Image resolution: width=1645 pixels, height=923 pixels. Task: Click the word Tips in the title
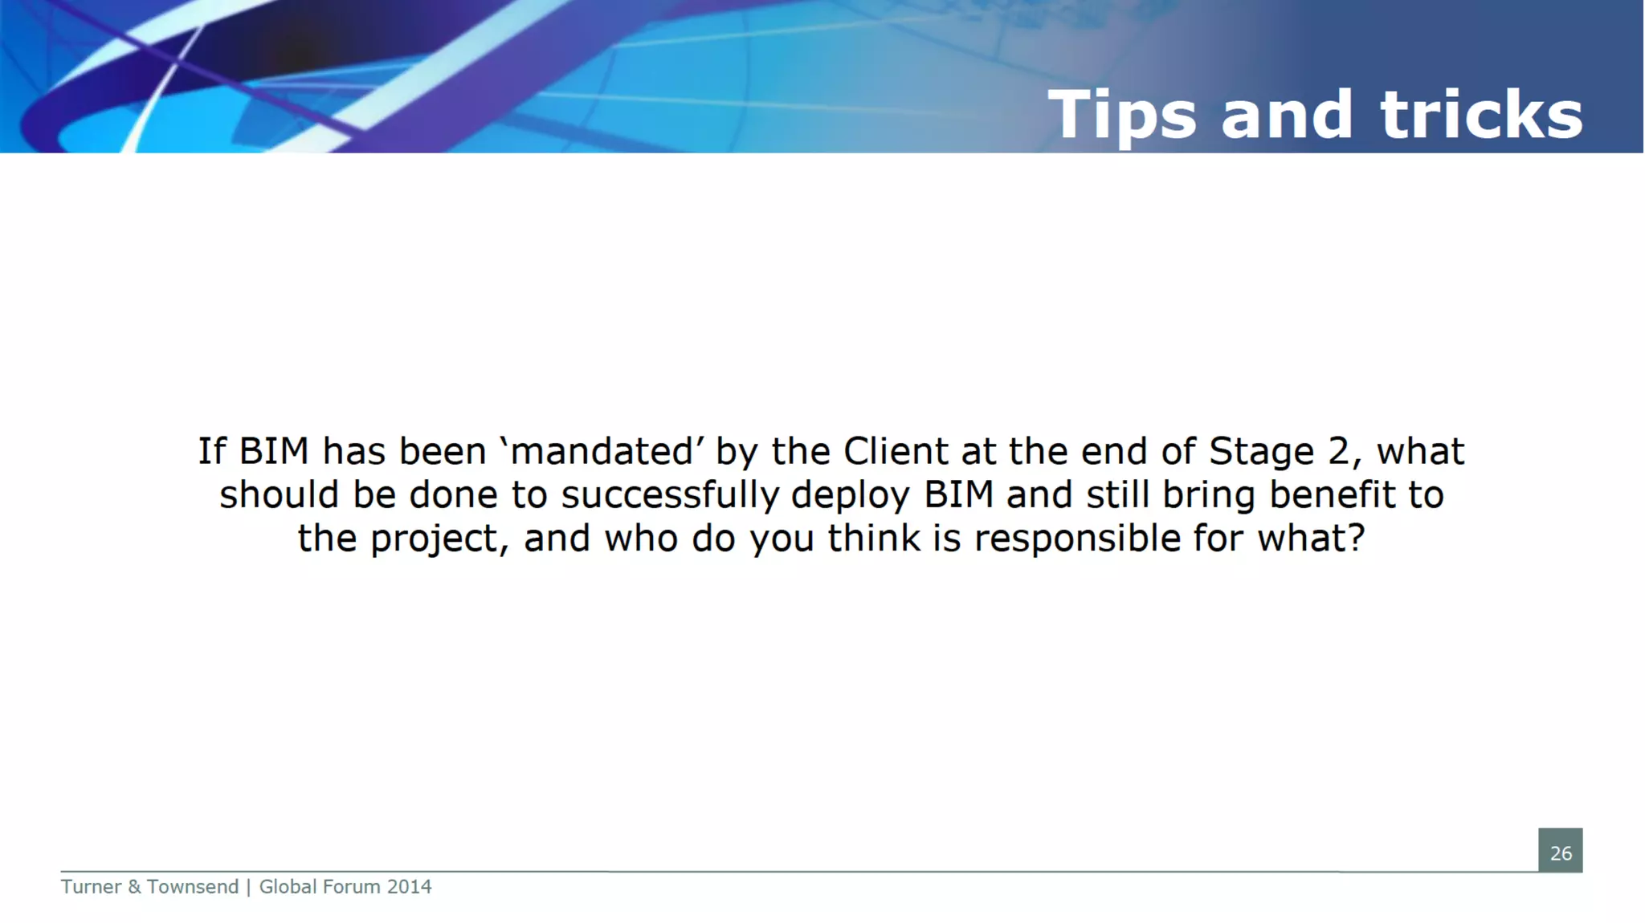click(1122, 115)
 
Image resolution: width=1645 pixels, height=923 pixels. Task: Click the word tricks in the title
click(1481, 115)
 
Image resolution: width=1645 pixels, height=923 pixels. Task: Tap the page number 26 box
click(1560, 852)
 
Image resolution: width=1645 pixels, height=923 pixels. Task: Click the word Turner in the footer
click(91, 887)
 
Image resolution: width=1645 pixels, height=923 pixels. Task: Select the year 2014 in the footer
click(409, 887)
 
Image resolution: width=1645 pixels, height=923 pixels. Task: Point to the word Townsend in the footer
click(193, 887)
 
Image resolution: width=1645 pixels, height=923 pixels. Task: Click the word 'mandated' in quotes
click(602, 451)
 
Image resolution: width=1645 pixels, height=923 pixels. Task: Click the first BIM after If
click(274, 451)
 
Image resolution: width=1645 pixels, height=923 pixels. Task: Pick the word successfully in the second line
click(670, 495)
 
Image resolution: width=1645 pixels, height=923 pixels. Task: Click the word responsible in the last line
click(1077, 539)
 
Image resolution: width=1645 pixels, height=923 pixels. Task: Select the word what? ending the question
click(1311, 539)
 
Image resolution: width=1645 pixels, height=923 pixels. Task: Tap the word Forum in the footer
click(351, 887)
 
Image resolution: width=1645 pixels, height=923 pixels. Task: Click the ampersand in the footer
click(134, 887)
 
